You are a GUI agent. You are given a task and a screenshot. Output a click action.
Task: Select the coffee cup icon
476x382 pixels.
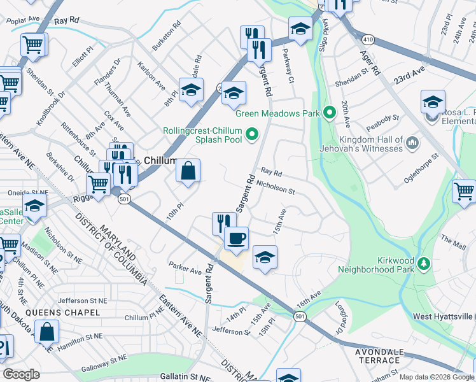point(236,238)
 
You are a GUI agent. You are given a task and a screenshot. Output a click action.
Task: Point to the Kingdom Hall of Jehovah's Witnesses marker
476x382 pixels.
point(413,142)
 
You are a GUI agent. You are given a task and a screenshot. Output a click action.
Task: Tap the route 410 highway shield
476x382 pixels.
point(368,39)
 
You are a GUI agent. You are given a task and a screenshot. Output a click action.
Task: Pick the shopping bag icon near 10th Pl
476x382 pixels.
point(188,171)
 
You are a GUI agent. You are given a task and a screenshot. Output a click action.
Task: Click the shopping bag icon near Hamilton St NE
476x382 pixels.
point(47,331)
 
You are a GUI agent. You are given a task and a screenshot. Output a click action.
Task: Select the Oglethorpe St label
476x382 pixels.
point(421,167)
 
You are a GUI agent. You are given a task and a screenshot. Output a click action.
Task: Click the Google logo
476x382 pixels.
point(21,374)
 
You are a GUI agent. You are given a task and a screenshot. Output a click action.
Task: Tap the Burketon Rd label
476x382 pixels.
point(167,38)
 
